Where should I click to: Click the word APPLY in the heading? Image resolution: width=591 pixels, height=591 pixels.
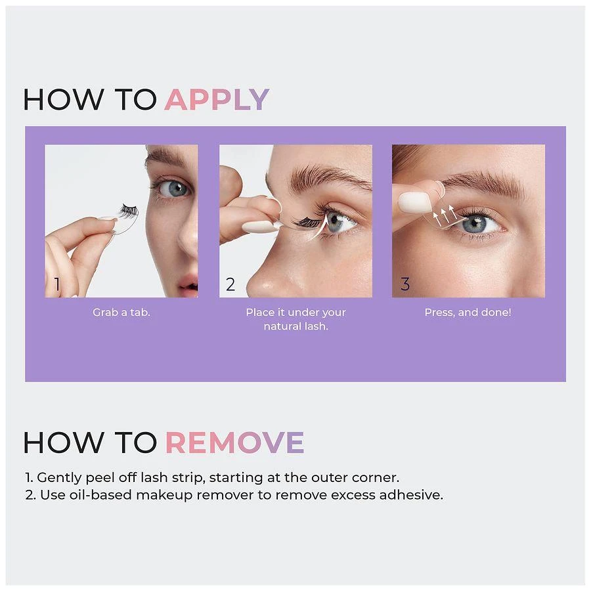217,99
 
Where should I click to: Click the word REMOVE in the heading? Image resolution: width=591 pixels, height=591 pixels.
234,443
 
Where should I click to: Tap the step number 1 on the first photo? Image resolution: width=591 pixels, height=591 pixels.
57,284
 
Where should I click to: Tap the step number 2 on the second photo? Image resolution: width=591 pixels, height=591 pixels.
230,284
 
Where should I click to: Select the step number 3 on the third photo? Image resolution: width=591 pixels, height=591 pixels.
405,284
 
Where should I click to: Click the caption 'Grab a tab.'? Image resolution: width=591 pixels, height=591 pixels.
121,313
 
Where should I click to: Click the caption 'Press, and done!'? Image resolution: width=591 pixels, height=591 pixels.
468,313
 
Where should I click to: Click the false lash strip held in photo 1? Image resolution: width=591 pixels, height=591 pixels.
127,211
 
